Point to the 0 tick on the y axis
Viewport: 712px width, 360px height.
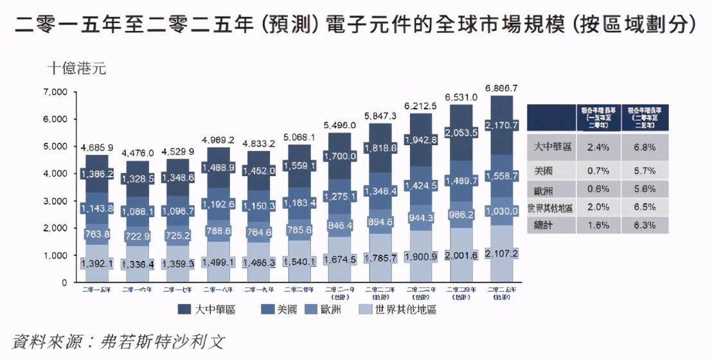(x=64, y=282)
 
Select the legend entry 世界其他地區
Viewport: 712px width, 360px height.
(x=402, y=310)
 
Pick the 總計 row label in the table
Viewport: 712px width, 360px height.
(x=544, y=225)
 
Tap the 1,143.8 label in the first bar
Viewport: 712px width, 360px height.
(x=97, y=208)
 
